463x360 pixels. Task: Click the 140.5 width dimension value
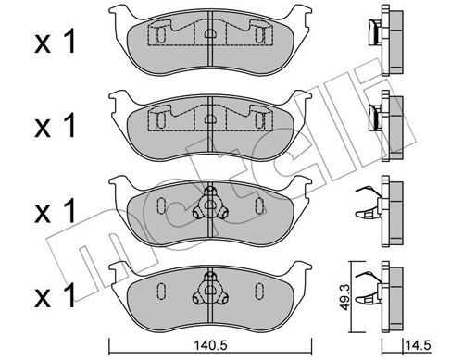point(210,345)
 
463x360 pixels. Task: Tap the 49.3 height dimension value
point(344,297)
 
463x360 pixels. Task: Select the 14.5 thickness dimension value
point(419,345)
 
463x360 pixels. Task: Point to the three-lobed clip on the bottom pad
point(210,289)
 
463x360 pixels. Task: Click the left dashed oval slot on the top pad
point(161,35)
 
